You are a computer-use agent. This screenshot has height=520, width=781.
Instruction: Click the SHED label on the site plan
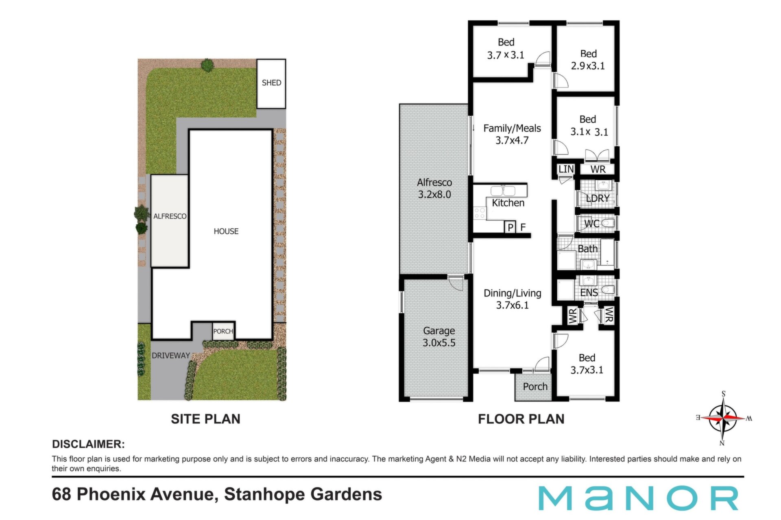tap(271, 83)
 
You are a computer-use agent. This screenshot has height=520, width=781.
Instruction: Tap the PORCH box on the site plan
tap(223, 331)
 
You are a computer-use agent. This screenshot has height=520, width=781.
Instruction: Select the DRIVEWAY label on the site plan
tap(171, 355)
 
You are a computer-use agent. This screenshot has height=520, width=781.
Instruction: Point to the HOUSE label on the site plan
tap(226, 231)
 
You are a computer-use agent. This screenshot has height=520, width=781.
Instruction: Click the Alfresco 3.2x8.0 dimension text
tap(434, 194)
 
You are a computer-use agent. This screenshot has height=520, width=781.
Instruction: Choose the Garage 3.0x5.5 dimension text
tap(439, 342)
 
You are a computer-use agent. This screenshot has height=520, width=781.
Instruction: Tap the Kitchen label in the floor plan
tap(508, 203)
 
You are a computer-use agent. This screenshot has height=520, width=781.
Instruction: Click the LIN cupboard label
tap(566, 169)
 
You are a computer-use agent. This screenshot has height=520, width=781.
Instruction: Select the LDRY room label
tap(598, 198)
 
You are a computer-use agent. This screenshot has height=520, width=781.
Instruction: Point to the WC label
tap(592, 223)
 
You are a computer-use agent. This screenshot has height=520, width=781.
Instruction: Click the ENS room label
tap(589, 292)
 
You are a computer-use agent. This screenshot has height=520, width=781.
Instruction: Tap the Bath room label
tap(588, 249)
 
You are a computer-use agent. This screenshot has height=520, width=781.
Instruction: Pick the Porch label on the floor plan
tap(535, 387)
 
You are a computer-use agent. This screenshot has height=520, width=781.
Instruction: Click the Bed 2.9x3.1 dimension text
tap(588, 66)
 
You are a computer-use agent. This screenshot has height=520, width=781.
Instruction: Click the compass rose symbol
tap(724, 418)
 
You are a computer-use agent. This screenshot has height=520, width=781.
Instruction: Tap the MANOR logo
tap(638, 498)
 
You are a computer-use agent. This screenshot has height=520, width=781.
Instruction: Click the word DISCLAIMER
tap(88, 444)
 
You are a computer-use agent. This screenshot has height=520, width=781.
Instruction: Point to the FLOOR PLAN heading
tap(521, 419)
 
